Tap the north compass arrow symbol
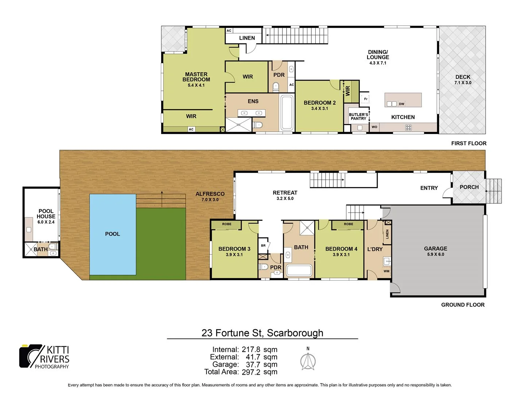(x=308, y=361)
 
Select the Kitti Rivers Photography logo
(x=44, y=356)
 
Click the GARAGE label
(x=435, y=248)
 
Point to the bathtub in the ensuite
(x=287, y=113)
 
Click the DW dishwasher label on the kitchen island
(x=401, y=104)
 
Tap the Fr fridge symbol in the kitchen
(x=366, y=99)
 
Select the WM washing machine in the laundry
(x=386, y=271)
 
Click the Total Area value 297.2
(x=251, y=372)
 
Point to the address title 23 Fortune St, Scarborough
(x=262, y=333)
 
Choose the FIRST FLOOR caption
(x=468, y=143)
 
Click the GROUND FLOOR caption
(x=463, y=305)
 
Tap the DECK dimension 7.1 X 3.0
(x=463, y=83)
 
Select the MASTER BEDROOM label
(x=196, y=77)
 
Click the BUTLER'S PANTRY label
(x=358, y=116)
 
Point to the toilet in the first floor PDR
(x=276, y=87)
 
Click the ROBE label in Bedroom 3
(x=226, y=224)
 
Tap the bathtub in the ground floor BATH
(x=299, y=270)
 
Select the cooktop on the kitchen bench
(x=408, y=127)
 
